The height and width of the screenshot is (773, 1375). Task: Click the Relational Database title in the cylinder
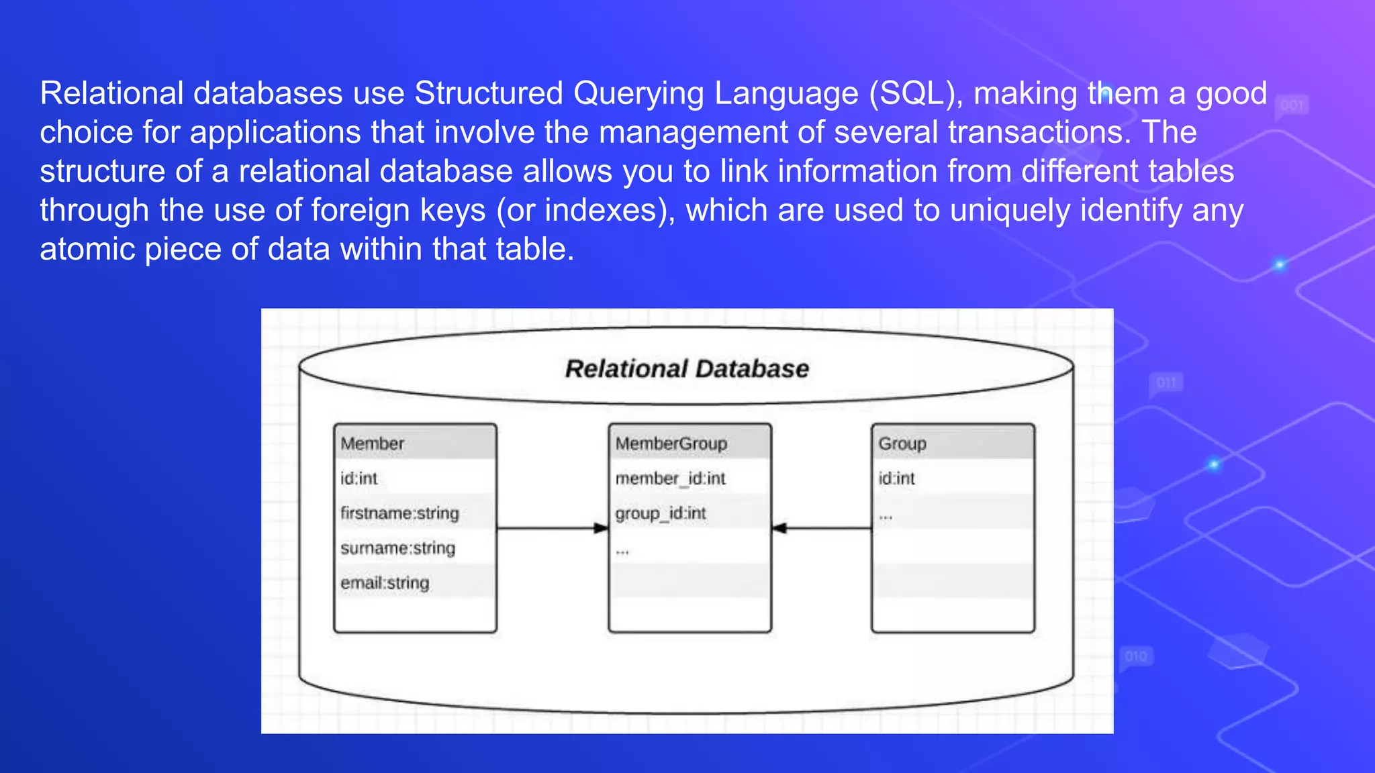pos(687,369)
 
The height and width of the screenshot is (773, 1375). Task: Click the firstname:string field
pos(399,513)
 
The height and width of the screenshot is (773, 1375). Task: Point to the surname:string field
pos(397,548)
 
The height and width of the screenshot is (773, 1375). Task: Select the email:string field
pos(385,583)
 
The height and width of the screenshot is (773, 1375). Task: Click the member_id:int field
pos(670,478)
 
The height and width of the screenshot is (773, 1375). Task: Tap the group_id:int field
pos(661,513)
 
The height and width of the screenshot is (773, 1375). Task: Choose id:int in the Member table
pos(359,478)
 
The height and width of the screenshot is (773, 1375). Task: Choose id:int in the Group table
pos(896,478)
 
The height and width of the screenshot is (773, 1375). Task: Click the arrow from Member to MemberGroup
pos(552,529)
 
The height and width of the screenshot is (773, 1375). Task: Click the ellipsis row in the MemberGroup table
pos(622,552)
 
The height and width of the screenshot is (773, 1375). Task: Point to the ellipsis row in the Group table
pos(886,517)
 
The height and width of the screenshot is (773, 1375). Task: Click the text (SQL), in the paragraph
pos(916,93)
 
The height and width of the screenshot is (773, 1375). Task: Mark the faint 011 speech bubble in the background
pos(1166,383)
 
